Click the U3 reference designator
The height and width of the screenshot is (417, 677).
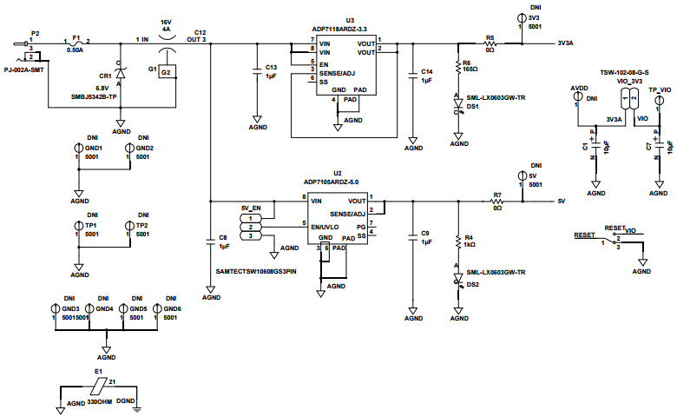point(350,20)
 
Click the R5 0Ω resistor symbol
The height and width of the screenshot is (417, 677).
point(490,43)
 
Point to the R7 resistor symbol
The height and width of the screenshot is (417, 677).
point(497,201)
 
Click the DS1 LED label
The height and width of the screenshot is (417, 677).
point(473,105)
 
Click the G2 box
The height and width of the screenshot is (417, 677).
point(165,71)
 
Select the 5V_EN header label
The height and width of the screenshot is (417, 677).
point(251,208)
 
